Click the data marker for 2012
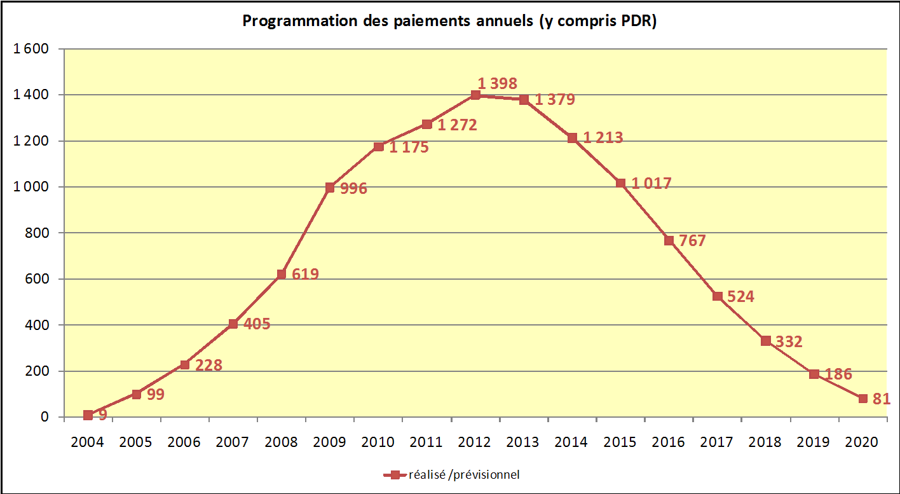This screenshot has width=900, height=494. click(x=475, y=95)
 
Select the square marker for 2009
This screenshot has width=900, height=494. click(x=330, y=188)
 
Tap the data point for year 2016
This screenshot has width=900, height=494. click(x=669, y=240)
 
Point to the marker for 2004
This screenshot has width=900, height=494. click(x=88, y=415)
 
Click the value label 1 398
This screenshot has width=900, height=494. click(x=497, y=83)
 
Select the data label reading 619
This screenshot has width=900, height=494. click(x=305, y=274)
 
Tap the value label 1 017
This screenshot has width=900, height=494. click(x=651, y=184)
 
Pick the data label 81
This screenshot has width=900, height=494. click(x=881, y=399)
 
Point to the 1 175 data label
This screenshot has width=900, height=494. click(x=409, y=148)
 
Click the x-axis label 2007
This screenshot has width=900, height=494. click(x=233, y=442)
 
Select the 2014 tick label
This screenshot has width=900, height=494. click(x=571, y=442)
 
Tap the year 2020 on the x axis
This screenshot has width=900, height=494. click(x=862, y=442)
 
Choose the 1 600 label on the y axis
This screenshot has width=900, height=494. click(x=31, y=49)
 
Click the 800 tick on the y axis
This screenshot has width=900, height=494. click(x=37, y=233)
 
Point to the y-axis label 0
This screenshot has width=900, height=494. click(x=44, y=417)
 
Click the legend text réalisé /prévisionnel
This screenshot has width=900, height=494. click(x=464, y=474)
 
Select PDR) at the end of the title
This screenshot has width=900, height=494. click(x=638, y=21)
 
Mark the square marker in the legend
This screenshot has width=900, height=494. click(x=394, y=474)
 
